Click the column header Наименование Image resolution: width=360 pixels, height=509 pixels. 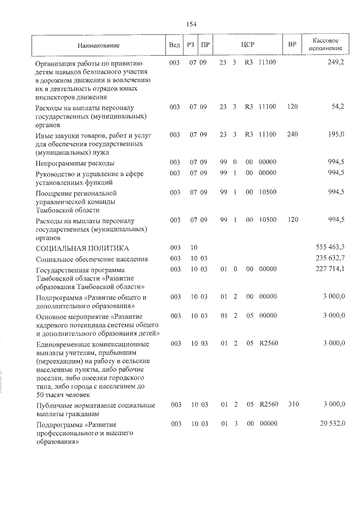(x=99, y=44)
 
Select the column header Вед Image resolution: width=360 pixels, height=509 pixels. (x=174, y=44)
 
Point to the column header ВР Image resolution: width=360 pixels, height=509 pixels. (x=292, y=44)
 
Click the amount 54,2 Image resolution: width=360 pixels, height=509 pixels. (x=337, y=106)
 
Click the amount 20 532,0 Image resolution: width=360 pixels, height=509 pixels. (x=332, y=423)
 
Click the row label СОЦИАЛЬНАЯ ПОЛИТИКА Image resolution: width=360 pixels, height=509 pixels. (x=82, y=247)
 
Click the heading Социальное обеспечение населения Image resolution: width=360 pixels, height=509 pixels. (x=92, y=259)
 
